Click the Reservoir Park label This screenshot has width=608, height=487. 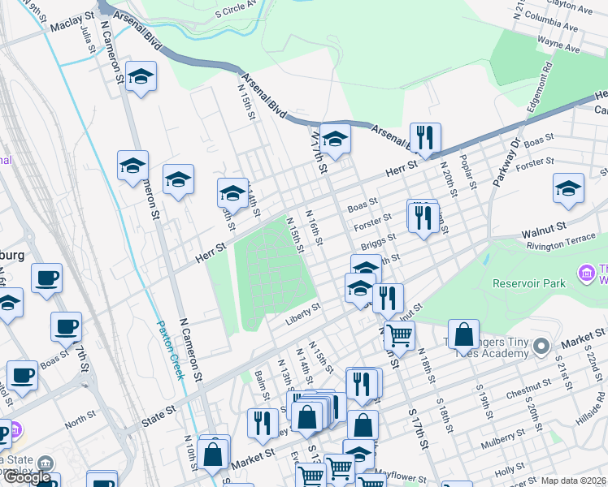(x=529, y=283)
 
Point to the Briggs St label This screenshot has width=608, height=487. (x=379, y=241)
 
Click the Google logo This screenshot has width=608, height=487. (x=27, y=477)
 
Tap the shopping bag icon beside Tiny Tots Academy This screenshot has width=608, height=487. (x=463, y=334)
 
